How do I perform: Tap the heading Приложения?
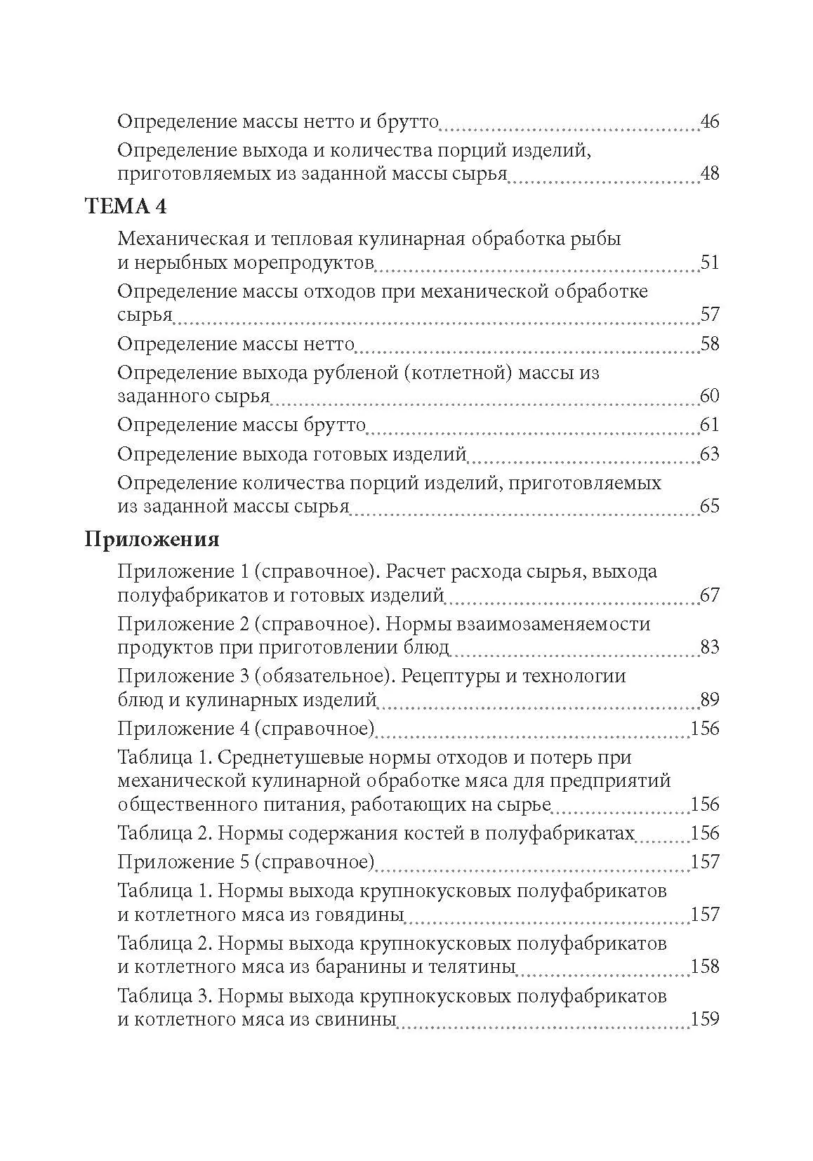coord(152,539)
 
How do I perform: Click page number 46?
coord(710,121)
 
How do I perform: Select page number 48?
coord(710,173)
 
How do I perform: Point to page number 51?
coord(710,263)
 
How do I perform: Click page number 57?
coord(710,314)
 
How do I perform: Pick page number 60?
coord(710,396)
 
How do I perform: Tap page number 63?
coord(710,454)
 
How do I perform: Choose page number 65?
coord(710,506)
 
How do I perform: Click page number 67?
coord(710,595)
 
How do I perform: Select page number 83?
coord(710,646)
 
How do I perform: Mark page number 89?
coord(710,699)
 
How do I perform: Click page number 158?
coord(706,967)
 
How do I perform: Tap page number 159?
coord(706,1019)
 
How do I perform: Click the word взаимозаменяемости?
coord(518,623)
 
